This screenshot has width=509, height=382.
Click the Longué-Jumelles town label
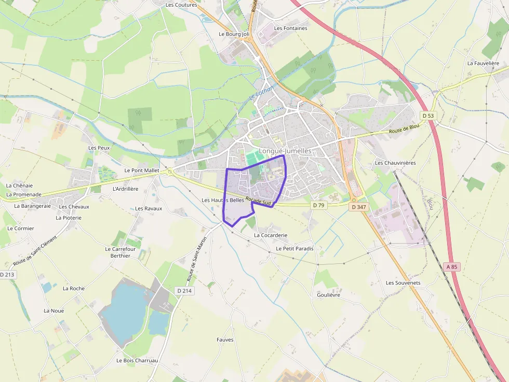click(285, 151)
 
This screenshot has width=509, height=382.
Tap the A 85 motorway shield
click(452, 267)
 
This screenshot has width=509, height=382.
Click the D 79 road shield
click(318, 205)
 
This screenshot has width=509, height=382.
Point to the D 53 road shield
click(427, 116)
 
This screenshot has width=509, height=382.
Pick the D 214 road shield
click(184, 291)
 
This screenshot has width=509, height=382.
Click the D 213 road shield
click(7, 274)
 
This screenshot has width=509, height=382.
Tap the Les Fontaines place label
click(290, 29)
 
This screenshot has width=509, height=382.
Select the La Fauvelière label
click(483, 63)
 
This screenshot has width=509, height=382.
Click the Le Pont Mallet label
click(142, 170)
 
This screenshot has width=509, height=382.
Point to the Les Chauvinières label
click(395, 163)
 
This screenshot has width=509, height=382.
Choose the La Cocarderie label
click(270, 235)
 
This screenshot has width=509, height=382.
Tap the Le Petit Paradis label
click(294, 249)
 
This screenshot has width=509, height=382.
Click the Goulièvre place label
click(328, 295)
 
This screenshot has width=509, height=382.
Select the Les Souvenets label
click(403, 283)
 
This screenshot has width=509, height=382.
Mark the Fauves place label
click(225, 340)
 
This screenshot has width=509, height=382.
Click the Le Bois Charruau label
click(137, 360)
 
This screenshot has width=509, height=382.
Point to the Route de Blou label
click(404, 131)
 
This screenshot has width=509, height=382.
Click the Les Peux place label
click(99, 148)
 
